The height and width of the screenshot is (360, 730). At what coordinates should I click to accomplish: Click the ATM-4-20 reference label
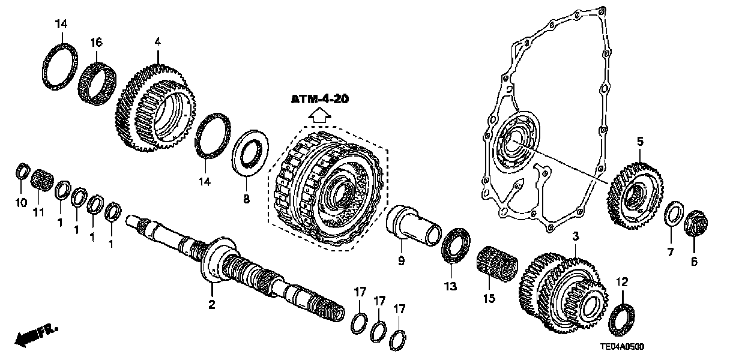point(319,99)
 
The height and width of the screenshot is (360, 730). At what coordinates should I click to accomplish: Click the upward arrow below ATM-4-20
point(319,116)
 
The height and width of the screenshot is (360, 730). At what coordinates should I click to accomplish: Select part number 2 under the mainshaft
point(211,304)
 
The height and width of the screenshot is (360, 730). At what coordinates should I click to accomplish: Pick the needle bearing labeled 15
point(496,265)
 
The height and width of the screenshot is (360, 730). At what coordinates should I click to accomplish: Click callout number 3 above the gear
point(575,238)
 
